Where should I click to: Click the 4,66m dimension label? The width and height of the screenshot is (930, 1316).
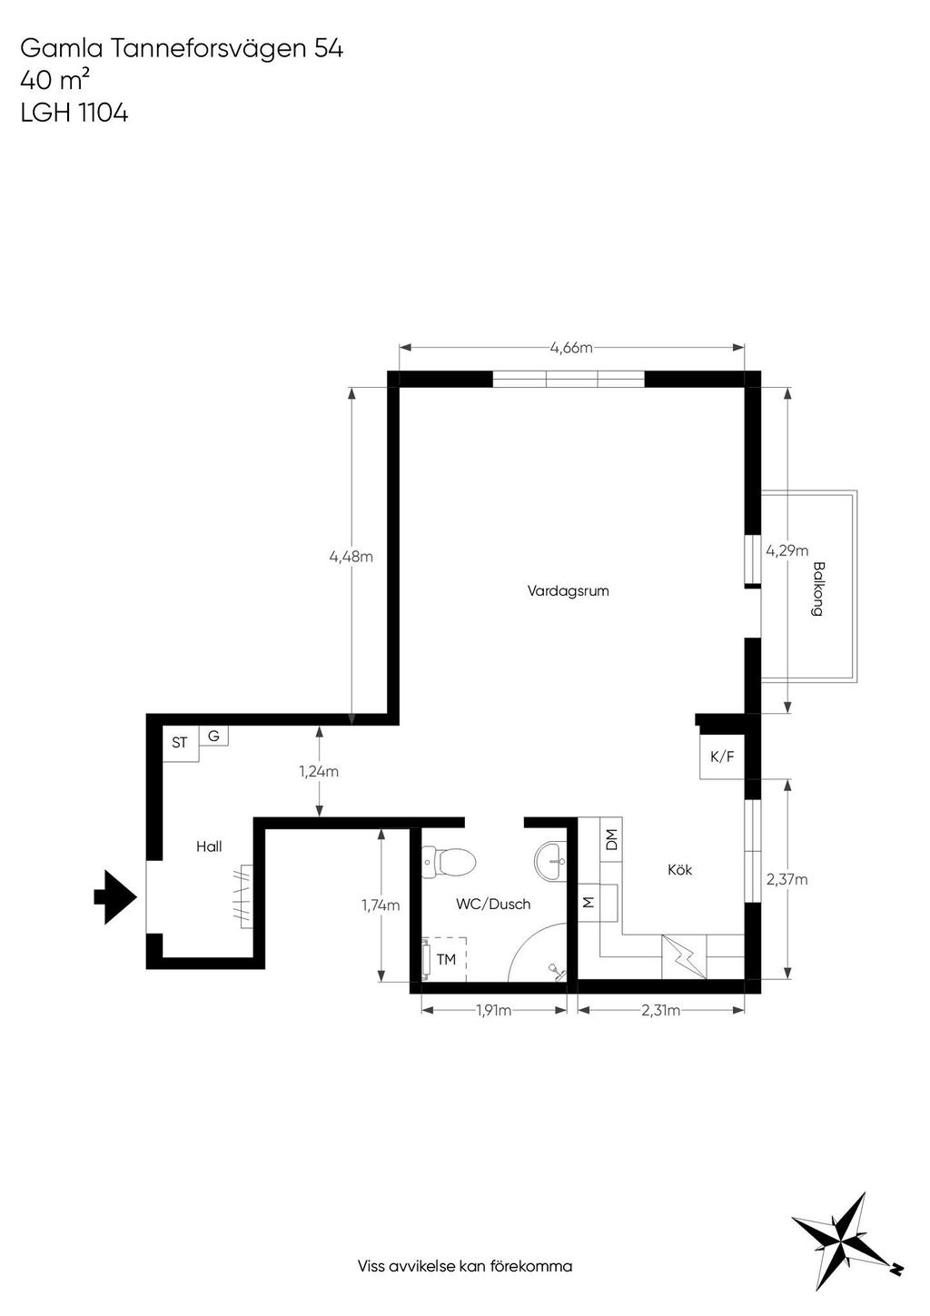[x=570, y=348]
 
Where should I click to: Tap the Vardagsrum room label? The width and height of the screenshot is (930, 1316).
[x=568, y=590]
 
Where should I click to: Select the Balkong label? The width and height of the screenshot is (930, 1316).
[x=817, y=589]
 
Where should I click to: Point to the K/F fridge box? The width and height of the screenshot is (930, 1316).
[x=722, y=757]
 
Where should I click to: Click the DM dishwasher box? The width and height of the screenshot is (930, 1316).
[x=611, y=839]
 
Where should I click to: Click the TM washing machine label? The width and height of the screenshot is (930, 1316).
[x=446, y=959]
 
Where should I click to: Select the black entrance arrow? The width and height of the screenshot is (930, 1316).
[x=115, y=897]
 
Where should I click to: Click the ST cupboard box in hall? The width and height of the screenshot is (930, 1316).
[x=180, y=745]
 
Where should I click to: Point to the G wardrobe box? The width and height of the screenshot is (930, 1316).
[x=213, y=736]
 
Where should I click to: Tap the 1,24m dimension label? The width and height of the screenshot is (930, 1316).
[x=319, y=771]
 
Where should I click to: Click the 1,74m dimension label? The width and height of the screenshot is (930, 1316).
[x=381, y=905]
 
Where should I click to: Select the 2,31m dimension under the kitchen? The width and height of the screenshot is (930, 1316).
[x=660, y=1011]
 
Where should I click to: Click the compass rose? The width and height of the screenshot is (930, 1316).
[x=846, y=1237]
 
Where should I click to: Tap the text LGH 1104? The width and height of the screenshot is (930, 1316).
[x=74, y=113]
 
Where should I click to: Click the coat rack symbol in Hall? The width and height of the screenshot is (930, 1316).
[x=245, y=896]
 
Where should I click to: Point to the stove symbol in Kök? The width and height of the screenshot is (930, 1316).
[x=684, y=956]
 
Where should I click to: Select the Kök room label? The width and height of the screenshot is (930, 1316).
[x=679, y=869]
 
